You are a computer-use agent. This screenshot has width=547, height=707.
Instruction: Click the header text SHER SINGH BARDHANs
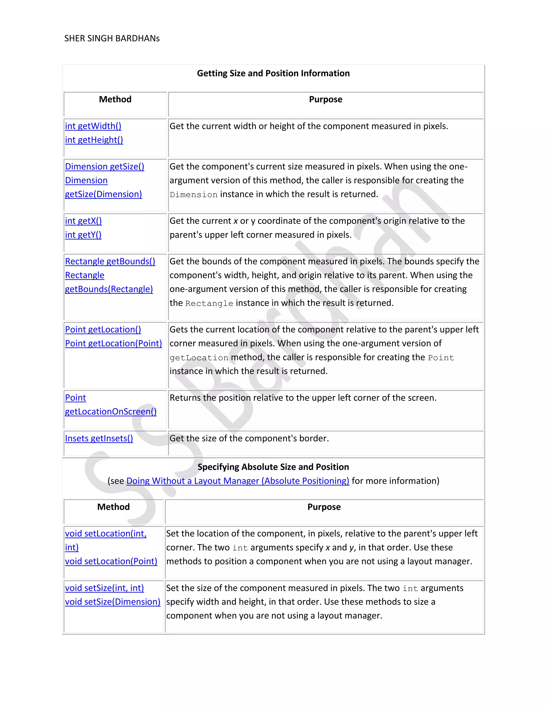tap(112, 38)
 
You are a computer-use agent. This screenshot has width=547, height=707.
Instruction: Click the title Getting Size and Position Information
tap(273, 73)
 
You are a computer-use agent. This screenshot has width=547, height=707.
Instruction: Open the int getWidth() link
tap(93, 126)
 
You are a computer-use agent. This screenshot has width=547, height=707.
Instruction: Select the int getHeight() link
tap(94, 140)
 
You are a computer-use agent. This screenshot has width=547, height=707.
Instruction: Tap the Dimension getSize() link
tap(104, 166)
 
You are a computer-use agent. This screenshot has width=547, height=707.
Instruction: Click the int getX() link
tap(83, 221)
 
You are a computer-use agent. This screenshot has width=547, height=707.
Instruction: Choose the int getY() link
tap(83, 235)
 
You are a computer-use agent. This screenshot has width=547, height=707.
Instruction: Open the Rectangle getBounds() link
tap(110, 261)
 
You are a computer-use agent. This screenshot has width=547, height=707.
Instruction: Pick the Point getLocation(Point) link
tap(114, 343)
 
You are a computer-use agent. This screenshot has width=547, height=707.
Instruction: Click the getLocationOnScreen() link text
tap(111, 411)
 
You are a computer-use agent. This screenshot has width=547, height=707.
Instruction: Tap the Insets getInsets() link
tap(99, 438)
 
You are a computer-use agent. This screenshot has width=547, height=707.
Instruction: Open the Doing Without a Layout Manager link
tap(237, 481)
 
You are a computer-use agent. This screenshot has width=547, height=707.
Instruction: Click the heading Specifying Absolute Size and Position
tap(273, 467)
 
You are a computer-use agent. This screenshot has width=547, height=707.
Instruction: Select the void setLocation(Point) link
tap(111, 561)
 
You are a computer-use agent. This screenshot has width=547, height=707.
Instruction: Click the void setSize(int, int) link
tap(104, 588)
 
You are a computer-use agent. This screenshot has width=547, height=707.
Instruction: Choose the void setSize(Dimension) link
tap(112, 602)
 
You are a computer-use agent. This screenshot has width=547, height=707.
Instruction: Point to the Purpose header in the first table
tap(325, 100)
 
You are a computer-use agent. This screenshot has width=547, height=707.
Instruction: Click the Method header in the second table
tap(114, 507)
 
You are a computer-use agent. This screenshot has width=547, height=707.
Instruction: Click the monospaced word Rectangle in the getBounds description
tap(209, 303)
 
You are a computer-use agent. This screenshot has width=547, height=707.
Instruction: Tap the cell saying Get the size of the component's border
tap(249, 438)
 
